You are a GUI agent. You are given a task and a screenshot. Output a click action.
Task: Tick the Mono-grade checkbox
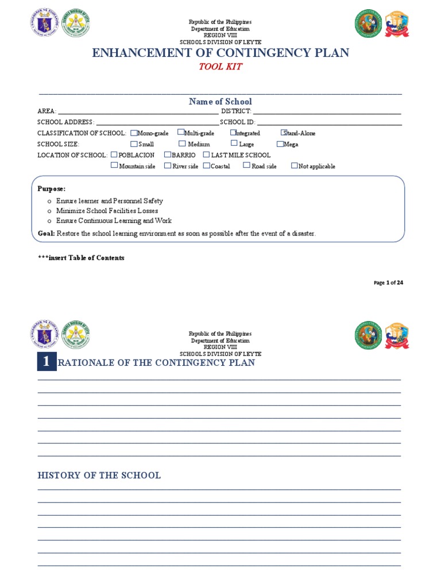coord(134,133)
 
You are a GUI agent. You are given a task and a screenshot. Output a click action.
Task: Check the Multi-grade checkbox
coord(181,132)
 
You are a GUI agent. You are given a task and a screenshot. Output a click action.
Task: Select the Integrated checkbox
coord(233,132)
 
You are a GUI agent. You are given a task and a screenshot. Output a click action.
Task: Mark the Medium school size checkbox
coord(182,144)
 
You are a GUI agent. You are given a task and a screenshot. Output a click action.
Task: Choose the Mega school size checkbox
coord(280,144)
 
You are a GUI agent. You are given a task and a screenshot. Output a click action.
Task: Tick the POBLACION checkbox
coord(114,154)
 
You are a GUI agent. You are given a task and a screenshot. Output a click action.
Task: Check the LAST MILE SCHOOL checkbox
coord(206,154)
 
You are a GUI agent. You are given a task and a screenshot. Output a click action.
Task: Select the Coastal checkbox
coord(206,165)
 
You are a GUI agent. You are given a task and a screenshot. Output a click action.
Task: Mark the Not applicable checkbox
coord(295,165)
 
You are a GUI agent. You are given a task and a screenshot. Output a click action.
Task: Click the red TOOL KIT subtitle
coord(220,67)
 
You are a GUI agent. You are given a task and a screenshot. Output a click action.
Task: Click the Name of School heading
coord(220,102)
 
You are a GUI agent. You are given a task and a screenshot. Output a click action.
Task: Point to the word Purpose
coord(52,188)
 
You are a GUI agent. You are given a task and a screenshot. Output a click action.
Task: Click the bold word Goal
coord(46,233)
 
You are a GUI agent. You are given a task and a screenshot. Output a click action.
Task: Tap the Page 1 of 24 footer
coord(388,283)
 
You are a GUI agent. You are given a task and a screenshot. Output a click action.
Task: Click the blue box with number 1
coord(47,362)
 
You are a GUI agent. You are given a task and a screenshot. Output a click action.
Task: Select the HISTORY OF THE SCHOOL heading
coord(99,475)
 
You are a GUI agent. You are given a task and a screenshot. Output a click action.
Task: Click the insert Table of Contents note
coord(81,258)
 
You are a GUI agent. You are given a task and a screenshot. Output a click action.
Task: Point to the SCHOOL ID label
coord(237,122)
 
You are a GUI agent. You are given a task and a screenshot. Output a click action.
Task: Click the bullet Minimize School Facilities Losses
coord(107,211)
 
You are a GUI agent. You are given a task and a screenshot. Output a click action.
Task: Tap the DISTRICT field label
coord(236,111)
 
